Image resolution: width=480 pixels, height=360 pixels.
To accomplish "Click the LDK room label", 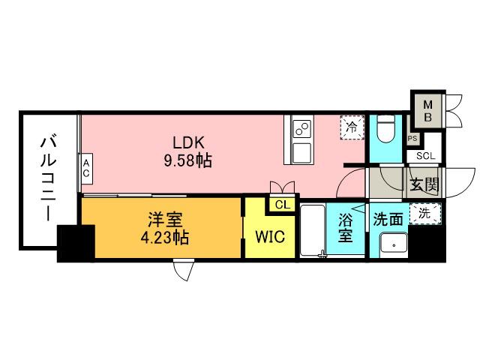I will pos(189,142).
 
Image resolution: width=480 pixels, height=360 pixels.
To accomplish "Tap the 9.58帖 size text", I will pos(189,160).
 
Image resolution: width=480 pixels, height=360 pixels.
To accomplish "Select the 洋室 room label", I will pos(163,220).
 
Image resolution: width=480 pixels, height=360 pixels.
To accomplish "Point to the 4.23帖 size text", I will pos(164,238).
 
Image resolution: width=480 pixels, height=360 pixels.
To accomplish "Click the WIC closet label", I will pos(270,238).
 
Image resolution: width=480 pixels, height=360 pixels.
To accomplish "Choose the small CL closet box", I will pos(282,205).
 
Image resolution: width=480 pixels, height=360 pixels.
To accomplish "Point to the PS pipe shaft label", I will pos(412,139).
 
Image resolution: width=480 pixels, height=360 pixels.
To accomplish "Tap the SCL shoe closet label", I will pos(424,156).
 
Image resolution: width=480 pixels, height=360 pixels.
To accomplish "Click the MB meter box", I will pos(426,109).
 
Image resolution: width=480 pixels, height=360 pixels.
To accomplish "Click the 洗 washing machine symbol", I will pos(424,213).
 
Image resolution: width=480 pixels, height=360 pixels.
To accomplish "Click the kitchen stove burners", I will pos(301,128).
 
